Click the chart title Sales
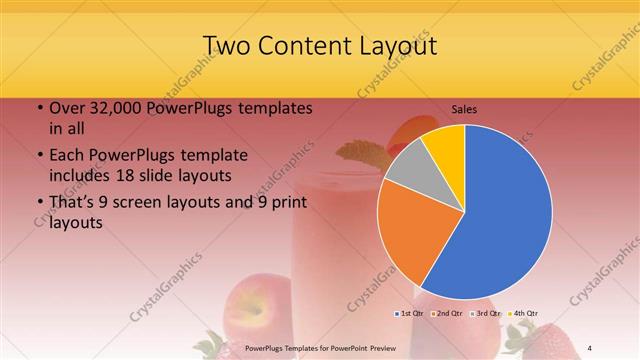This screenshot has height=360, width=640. tap(463, 108)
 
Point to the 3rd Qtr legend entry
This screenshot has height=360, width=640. tap(485, 313)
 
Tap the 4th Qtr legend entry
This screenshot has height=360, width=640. tap(522, 313)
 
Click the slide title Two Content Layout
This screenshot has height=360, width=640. tap(319, 46)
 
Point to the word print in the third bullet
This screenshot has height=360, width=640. tap(285, 203)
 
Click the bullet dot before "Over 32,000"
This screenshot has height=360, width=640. tap(38, 109)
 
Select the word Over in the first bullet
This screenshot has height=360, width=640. tap(68, 108)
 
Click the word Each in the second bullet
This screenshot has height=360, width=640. tap(68, 156)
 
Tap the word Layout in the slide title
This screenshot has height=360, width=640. tap(393, 46)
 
